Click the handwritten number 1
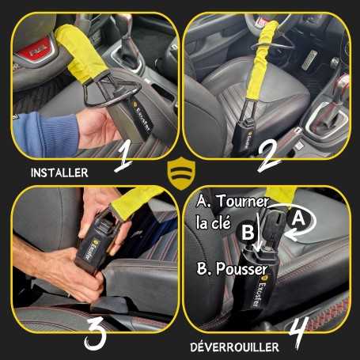pyautogui.click(x=123, y=156)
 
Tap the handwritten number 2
pyautogui.click(x=269, y=154)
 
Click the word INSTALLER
pyautogui.click(x=59, y=171)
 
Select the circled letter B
pyautogui.click(x=247, y=233)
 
